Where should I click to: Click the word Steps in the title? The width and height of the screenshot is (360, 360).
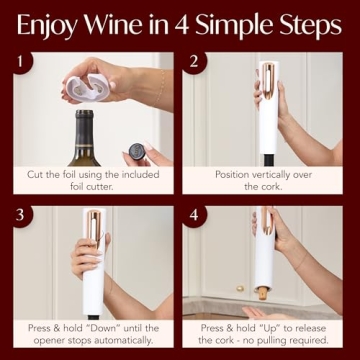pyautogui.click(x=304, y=24)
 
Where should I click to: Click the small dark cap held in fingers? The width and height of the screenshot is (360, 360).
pyautogui.click(x=134, y=156)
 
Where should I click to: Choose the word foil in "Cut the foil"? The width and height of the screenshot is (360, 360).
pyautogui.click(x=72, y=174)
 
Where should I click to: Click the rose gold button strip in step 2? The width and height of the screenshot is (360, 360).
pyautogui.click(x=269, y=86)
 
